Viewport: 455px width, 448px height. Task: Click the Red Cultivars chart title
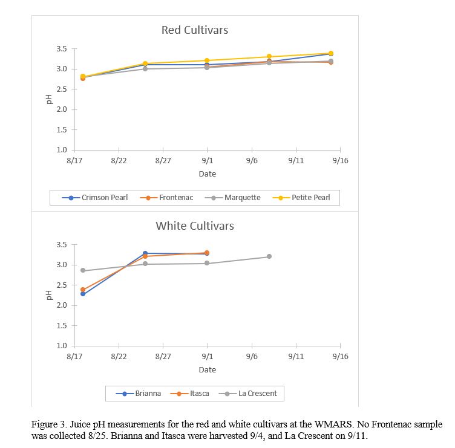(195, 30)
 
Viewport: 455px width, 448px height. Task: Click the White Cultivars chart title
(195, 226)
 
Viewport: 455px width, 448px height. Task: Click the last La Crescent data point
(269, 256)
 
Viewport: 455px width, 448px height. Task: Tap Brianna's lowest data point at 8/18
(83, 294)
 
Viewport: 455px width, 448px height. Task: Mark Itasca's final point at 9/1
(207, 253)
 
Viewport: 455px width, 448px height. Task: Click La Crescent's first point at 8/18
(83, 270)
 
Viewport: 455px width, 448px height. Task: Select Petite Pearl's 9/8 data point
(269, 57)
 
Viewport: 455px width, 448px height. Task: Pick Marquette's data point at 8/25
(145, 69)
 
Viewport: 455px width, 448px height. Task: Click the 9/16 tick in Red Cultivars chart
(340, 160)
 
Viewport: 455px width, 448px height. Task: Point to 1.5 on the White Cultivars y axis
(62, 326)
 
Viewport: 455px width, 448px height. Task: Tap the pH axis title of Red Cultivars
(50, 99)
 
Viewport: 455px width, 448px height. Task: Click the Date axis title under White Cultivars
(207, 369)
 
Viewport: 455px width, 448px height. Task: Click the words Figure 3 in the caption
(47, 425)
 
